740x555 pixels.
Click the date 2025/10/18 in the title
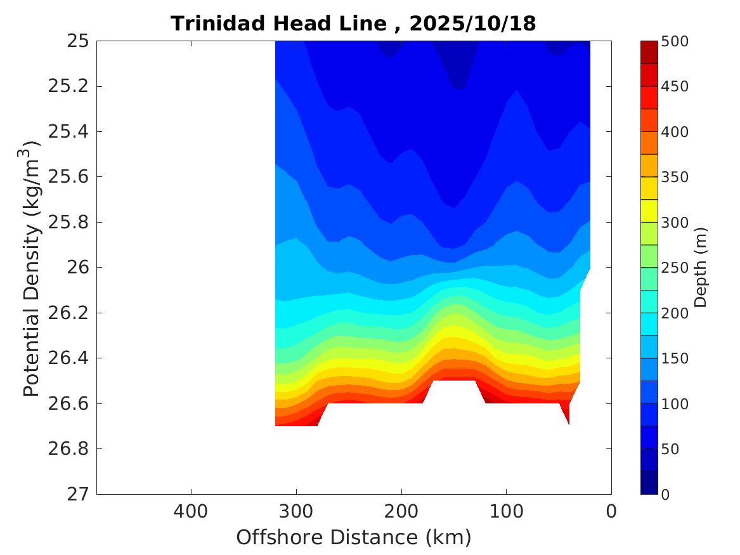click(x=472, y=23)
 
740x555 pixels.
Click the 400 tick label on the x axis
click(x=191, y=511)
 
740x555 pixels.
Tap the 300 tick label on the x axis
click(x=296, y=511)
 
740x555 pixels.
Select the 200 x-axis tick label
click(x=401, y=511)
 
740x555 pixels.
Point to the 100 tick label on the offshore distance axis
click(x=506, y=511)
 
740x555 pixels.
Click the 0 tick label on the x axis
click(x=611, y=511)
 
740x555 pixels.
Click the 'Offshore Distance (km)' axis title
click(x=354, y=537)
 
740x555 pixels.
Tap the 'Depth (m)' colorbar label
click(x=700, y=267)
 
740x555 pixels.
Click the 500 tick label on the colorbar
click(x=675, y=41)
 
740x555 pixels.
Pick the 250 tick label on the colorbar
click(x=675, y=268)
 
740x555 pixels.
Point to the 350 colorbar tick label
click(x=675, y=177)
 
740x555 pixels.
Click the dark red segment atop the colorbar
click(x=649, y=52)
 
